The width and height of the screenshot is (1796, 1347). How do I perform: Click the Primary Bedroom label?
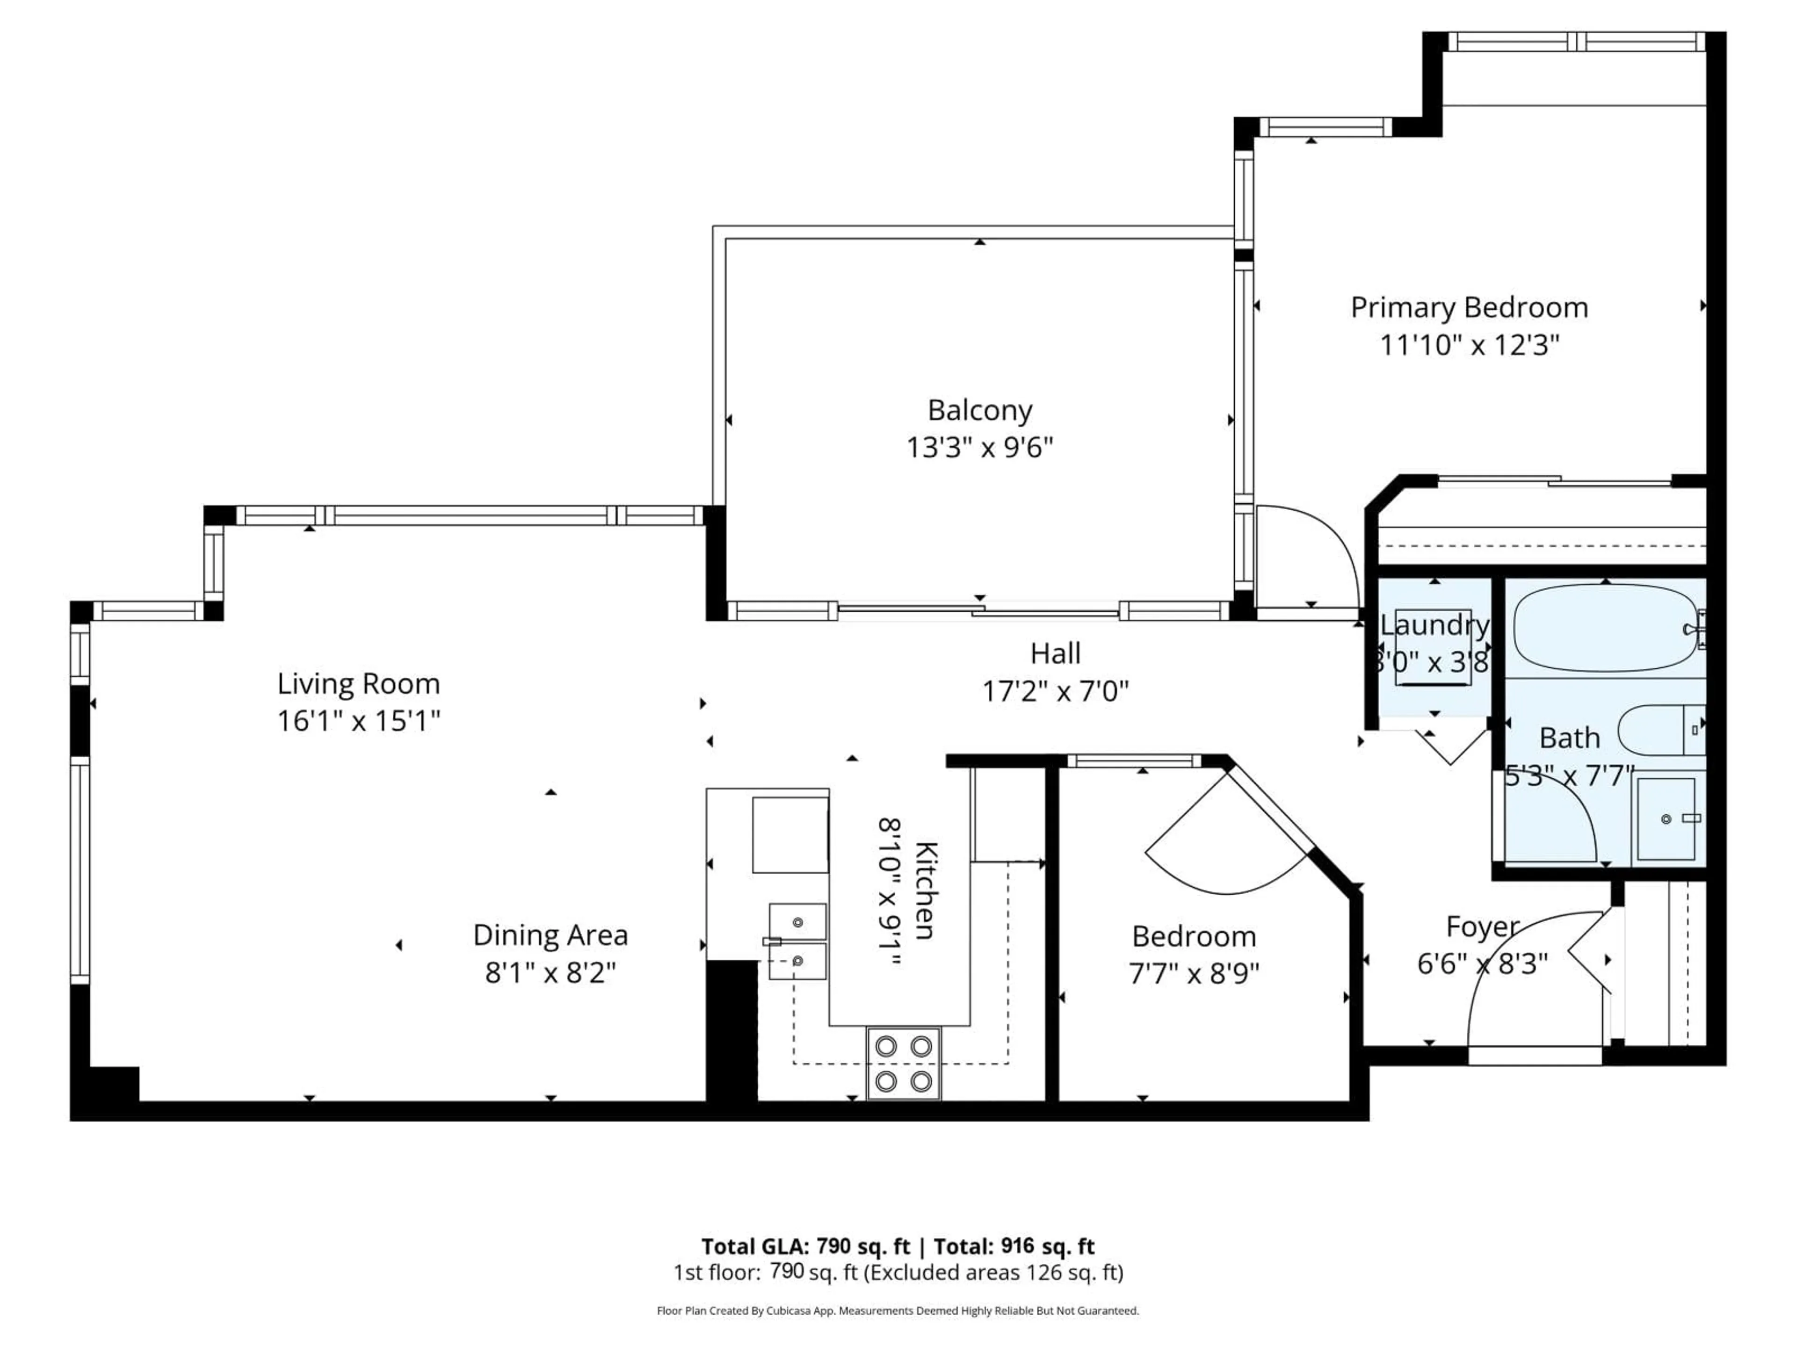click(x=1469, y=308)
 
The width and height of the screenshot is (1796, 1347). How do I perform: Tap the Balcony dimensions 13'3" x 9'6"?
click(x=979, y=448)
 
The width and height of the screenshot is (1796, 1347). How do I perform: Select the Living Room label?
click(x=358, y=684)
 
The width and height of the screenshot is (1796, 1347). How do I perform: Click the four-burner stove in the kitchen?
click(x=903, y=1064)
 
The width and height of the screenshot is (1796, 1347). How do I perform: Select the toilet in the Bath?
click(x=1660, y=730)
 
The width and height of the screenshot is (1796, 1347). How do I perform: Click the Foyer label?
click(x=1483, y=927)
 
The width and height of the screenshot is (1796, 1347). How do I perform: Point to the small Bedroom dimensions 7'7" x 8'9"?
click(x=1194, y=973)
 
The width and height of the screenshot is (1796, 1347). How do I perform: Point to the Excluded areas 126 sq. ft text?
click(x=992, y=1272)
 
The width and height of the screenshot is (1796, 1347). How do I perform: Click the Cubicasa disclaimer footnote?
click(x=897, y=1311)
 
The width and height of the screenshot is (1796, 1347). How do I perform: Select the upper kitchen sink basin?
click(x=797, y=921)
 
